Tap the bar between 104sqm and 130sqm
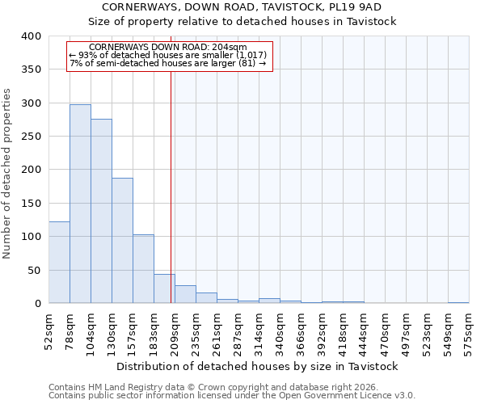[101, 211]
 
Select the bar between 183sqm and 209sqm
[164, 288]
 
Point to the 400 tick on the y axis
[32, 36]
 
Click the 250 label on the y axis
[32, 137]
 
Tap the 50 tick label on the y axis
[35, 270]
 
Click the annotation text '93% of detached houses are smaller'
[169, 55]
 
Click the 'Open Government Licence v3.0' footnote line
[232, 395]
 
